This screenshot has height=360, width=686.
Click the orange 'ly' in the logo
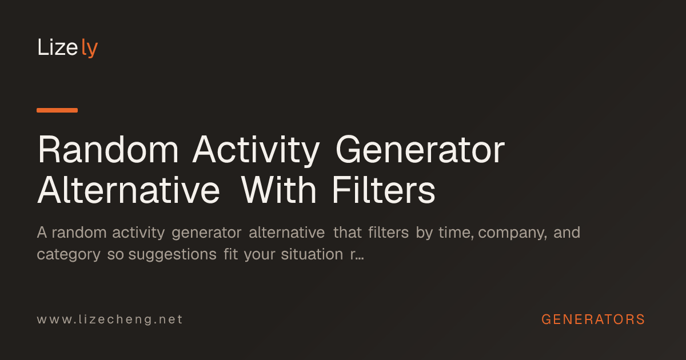[x=89, y=48]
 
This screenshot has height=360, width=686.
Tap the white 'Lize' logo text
[x=58, y=47]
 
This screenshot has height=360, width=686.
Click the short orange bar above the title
[x=57, y=110]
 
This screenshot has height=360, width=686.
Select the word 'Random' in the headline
[x=108, y=150]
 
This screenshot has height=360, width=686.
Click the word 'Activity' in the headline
[x=256, y=151]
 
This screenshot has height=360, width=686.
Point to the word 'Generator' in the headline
[x=420, y=150]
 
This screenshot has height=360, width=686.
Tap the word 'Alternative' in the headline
[x=129, y=190]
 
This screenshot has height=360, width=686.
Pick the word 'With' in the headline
[x=278, y=190]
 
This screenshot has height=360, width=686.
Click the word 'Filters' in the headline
[x=384, y=190]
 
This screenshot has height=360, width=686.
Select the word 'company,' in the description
[x=512, y=233]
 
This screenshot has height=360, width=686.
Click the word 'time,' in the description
[x=456, y=233]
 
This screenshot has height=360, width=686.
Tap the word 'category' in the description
[x=69, y=255]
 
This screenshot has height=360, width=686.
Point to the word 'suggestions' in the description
[x=173, y=255]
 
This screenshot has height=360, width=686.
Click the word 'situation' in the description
[x=312, y=254]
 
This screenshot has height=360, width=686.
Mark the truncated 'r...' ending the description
[x=357, y=255]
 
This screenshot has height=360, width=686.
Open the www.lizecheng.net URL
[x=110, y=319]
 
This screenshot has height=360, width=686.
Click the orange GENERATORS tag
[x=593, y=319]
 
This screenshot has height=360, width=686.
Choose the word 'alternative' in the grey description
[x=286, y=233]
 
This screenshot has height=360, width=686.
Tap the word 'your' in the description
[x=260, y=255]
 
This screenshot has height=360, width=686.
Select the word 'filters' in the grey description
[x=388, y=233]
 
